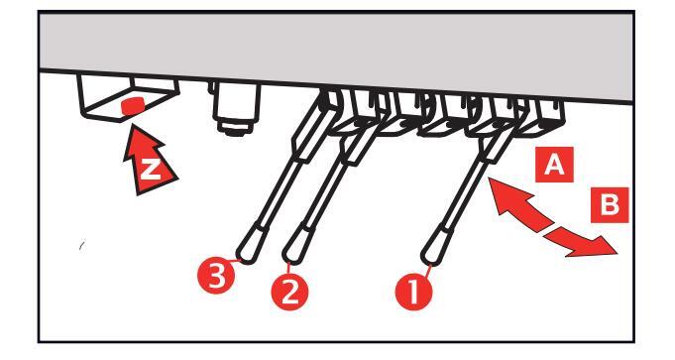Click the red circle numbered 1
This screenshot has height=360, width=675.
coord(413,292)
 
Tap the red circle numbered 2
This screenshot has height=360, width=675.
coord(289,292)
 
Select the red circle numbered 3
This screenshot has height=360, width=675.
coord(216,276)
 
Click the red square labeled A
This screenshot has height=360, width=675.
coord(554,165)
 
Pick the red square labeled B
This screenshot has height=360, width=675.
coord(610,205)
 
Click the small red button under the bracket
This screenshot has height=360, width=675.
coord(133,106)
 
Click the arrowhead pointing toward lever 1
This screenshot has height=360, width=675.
coord(504,196)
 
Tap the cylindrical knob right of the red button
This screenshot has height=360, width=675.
coord(236,108)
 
